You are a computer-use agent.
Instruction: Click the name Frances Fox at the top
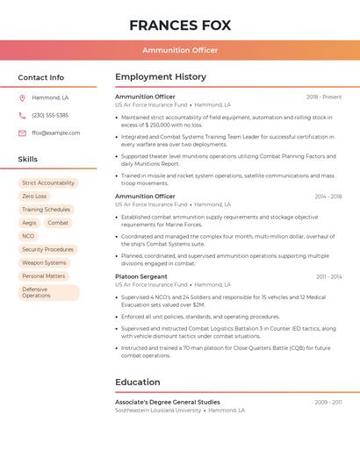click(x=180, y=25)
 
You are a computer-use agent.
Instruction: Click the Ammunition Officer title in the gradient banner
click(x=180, y=50)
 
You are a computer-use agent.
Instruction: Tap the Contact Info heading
click(x=41, y=77)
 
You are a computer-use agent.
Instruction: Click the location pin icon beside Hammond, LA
click(x=22, y=97)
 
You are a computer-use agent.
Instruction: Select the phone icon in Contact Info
click(x=22, y=115)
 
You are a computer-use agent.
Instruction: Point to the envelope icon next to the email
click(x=22, y=132)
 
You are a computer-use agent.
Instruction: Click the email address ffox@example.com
click(x=55, y=132)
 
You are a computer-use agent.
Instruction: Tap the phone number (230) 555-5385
click(x=50, y=115)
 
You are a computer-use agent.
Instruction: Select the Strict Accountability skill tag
click(x=48, y=182)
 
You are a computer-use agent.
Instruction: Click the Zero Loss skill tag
click(x=35, y=196)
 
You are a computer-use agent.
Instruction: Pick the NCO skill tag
click(x=28, y=236)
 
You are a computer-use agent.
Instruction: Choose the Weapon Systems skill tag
click(x=44, y=262)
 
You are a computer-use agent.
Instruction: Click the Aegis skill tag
click(x=30, y=223)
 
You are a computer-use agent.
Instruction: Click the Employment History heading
click(x=161, y=77)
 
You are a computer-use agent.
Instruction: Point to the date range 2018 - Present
click(x=324, y=97)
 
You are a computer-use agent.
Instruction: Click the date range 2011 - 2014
click(x=328, y=276)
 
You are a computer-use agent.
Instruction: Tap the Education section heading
click(x=138, y=382)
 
